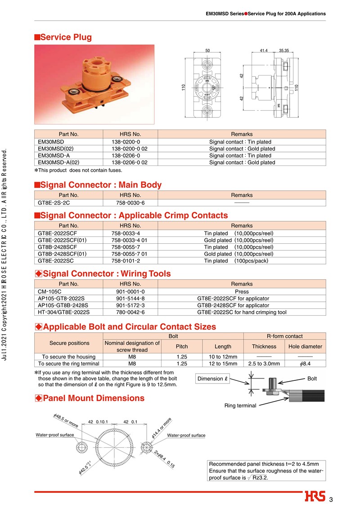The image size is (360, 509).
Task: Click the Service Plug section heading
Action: coord(66,37)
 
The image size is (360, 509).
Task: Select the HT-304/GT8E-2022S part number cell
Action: coord(64,312)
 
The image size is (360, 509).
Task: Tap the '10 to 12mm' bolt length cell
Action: coord(223,357)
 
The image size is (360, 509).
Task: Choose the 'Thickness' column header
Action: coord(264,346)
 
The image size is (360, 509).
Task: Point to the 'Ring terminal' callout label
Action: coord(240,406)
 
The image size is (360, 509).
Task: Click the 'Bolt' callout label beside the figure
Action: coord(312,379)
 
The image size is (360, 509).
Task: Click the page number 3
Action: coord(331,500)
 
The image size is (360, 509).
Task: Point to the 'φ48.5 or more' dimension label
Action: coord(66,421)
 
